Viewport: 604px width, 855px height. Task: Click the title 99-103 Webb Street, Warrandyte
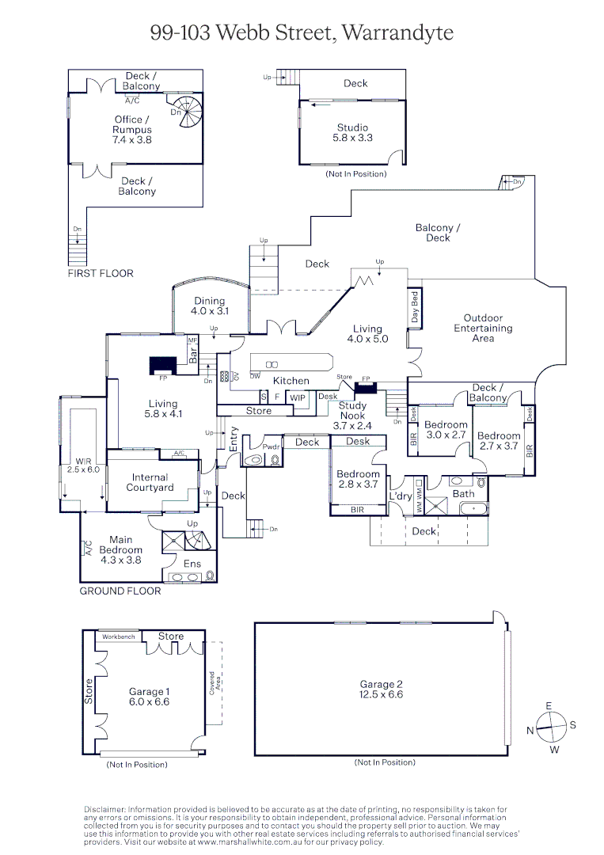point(302,32)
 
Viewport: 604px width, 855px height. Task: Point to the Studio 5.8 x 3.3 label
point(352,132)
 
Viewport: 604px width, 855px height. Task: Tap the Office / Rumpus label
point(131,130)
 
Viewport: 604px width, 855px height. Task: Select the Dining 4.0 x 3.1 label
point(209,306)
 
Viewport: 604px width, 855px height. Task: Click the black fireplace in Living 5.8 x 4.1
point(162,364)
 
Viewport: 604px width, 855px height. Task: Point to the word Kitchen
point(291,381)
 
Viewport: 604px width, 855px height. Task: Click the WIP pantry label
point(298,397)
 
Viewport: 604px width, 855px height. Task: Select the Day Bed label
point(414,308)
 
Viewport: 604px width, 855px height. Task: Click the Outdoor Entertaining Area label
point(483,328)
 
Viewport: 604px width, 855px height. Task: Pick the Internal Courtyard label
point(150,482)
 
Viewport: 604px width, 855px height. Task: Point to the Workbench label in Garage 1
point(118,636)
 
